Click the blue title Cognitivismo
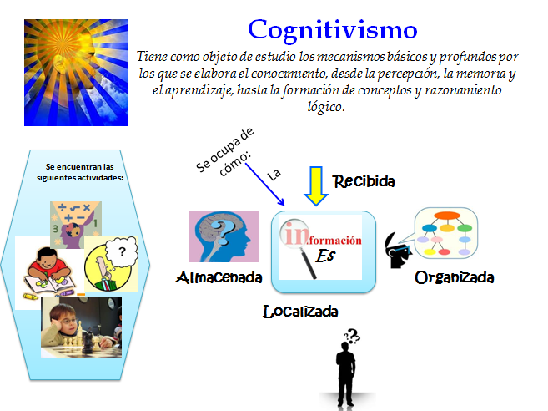click(333, 30)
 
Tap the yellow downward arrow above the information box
click(316, 185)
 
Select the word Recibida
click(364, 180)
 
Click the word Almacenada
click(219, 277)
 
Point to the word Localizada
click(300, 312)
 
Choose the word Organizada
click(455, 277)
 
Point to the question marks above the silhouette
click(351, 336)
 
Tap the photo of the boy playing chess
click(81, 328)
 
